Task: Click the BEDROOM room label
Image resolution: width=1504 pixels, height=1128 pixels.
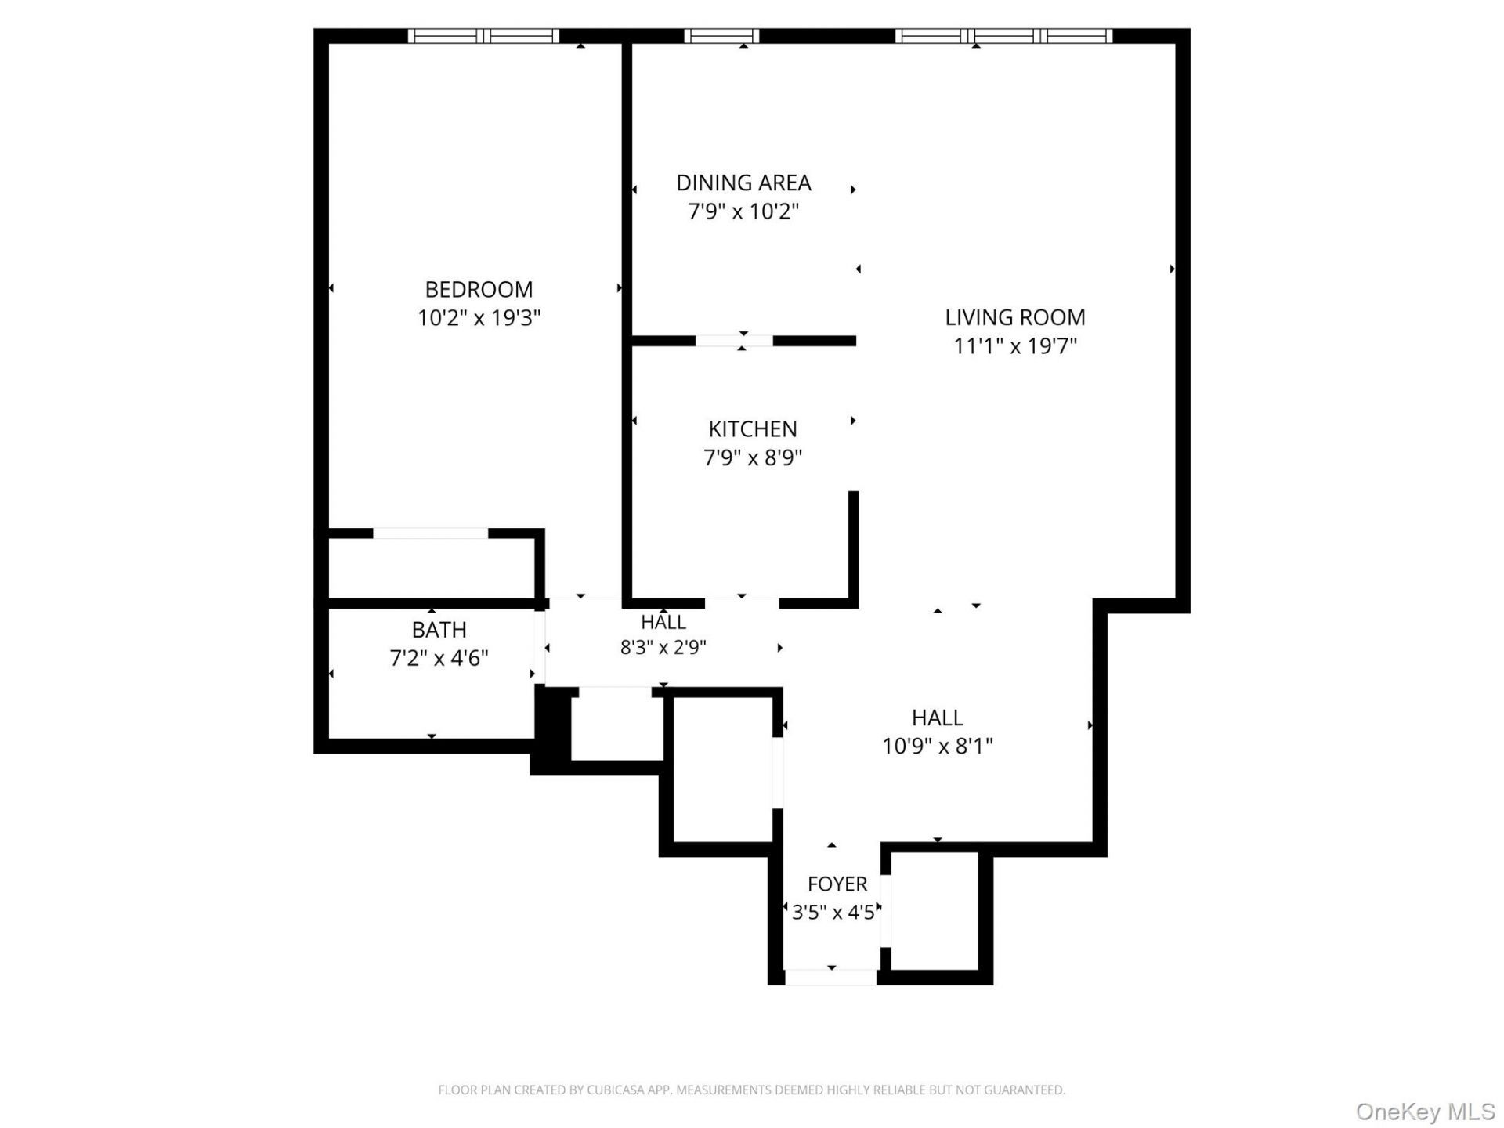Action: (479, 289)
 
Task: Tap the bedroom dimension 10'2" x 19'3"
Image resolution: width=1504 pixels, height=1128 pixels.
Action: (479, 318)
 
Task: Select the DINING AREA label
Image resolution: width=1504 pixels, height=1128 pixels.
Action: (743, 183)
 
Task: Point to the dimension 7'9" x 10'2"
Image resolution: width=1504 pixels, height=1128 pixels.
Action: (743, 211)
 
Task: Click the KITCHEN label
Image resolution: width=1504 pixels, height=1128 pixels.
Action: (753, 428)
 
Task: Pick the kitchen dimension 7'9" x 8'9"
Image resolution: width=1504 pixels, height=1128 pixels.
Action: (753, 457)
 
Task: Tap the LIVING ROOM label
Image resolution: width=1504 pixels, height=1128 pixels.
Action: (1015, 317)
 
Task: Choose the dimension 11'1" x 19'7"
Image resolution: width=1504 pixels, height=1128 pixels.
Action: (1015, 346)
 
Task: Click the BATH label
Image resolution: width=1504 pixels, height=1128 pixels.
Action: (439, 629)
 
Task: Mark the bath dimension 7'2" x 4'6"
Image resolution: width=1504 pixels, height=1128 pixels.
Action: (439, 658)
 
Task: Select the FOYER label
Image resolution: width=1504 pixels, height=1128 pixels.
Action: (837, 884)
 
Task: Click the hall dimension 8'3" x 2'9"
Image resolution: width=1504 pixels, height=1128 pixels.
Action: (663, 648)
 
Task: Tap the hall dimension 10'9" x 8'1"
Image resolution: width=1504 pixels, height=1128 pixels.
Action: (938, 746)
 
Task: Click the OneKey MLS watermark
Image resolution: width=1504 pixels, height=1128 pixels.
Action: (1426, 1112)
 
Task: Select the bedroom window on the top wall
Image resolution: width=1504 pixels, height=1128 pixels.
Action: (483, 35)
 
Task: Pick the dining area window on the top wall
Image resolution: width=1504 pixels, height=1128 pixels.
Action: (721, 35)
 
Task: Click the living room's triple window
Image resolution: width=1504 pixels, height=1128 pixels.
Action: (1003, 35)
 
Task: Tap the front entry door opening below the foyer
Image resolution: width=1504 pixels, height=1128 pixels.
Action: (830, 977)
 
